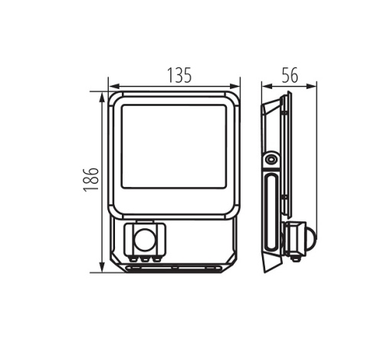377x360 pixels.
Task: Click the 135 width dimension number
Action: pos(179,75)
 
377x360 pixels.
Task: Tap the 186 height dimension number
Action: pos(91,179)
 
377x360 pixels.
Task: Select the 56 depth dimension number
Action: pos(290,75)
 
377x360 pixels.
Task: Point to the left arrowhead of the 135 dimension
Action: pos(114,87)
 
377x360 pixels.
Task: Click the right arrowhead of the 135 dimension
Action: pos(234,87)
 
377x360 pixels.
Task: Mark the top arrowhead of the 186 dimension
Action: pos(102,97)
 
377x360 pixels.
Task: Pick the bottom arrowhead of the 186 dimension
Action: pos(102,267)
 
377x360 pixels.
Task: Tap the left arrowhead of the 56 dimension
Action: pos(267,87)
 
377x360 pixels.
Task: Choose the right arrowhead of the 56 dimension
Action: pos(311,87)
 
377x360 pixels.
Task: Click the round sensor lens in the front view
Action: pos(145,241)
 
